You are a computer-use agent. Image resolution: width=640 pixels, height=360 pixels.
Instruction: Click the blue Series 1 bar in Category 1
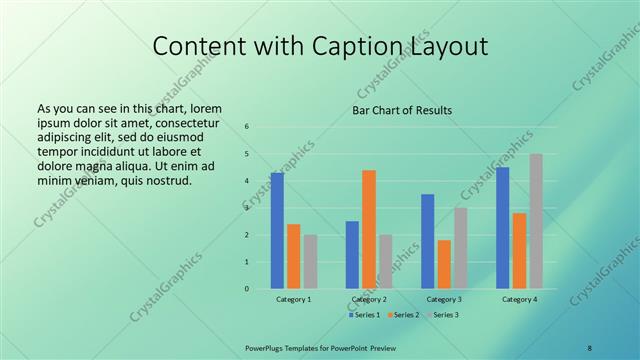[277, 231]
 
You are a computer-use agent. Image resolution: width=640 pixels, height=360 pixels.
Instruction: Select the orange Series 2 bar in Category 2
[369, 229]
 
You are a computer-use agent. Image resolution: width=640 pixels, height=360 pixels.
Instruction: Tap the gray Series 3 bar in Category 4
[536, 221]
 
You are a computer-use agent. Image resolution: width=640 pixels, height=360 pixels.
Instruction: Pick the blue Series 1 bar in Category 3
[428, 241]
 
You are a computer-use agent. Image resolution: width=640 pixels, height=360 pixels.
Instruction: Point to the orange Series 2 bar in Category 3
[444, 264]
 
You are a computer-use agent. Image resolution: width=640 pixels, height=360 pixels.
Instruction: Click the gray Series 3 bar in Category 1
[310, 262]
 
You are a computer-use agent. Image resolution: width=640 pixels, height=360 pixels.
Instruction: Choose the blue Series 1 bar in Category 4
[503, 228]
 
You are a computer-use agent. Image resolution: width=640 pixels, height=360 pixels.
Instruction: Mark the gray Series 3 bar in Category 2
[386, 262]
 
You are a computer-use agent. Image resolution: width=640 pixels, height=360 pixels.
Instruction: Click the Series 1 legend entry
[364, 315]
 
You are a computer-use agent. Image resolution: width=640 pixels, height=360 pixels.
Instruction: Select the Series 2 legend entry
[403, 315]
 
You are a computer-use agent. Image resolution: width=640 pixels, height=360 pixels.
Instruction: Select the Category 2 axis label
[369, 300]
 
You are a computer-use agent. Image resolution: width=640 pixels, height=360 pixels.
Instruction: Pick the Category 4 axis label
[519, 300]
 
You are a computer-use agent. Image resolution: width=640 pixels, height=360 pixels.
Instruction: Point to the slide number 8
[589, 347]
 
